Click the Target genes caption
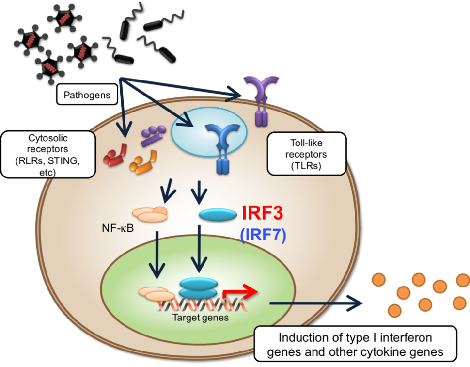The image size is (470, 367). coord(197,319)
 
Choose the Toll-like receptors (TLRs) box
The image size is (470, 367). coord(306,154)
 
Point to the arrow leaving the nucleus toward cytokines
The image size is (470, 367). coord(315,303)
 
